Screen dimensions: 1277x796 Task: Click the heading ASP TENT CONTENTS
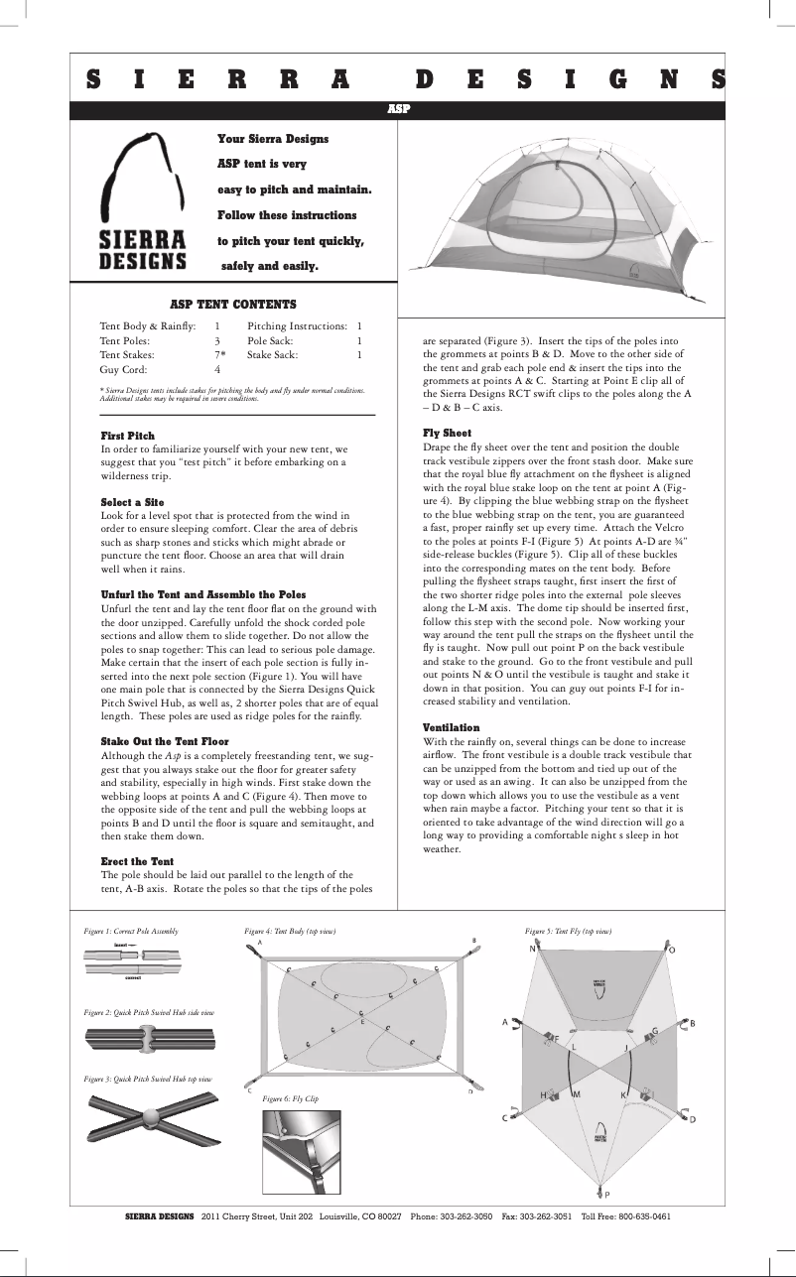pyautogui.click(x=233, y=305)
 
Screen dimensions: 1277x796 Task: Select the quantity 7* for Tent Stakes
pyautogui.click(x=220, y=354)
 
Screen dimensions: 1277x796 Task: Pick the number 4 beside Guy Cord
pyautogui.click(x=217, y=369)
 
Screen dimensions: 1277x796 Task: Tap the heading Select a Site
pyautogui.click(x=132, y=503)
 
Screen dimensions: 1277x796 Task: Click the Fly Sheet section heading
pyautogui.click(x=448, y=434)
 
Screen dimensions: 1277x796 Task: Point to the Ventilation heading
pyautogui.click(x=452, y=728)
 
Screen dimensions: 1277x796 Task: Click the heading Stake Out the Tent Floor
pyautogui.click(x=165, y=741)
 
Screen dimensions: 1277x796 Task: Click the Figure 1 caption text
pyautogui.click(x=131, y=932)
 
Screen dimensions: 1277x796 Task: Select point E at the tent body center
pyautogui.click(x=363, y=1021)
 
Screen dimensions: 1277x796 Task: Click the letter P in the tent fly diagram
pyautogui.click(x=607, y=1195)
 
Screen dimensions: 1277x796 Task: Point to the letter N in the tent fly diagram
pyautogui.click(x=532, y=949)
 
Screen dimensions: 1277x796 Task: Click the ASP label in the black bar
pyautogui.click(x=397, y=109)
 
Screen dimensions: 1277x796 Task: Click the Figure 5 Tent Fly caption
pyautogui.click(x=568, y=932)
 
